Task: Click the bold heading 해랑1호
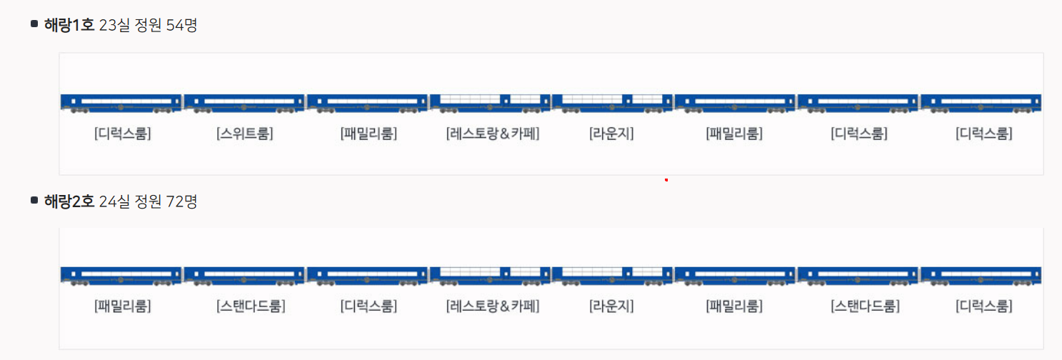click(69, 26)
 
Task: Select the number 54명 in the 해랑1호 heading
click(181, 26)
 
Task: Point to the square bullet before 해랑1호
click(34, 24)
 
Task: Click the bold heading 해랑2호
click(69, 201)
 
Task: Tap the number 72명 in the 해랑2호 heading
click(181, 201)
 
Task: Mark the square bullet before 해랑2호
click(34, 200)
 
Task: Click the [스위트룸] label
click(245, 134)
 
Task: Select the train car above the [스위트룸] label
click(245, 103)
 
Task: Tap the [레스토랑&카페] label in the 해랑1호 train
click(492, 134)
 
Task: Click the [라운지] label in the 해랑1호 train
click(611, 134)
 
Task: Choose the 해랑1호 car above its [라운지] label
click(612, 103)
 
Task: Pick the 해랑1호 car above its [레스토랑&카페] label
click(490, 103)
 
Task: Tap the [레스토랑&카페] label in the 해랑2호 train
click(492, 306)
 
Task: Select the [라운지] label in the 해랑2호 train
click(611, 306)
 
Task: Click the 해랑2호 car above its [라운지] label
click(612, 276)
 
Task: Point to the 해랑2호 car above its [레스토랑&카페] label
click(490, 276)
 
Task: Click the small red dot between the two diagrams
click(666, 180)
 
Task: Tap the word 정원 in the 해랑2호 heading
click(149, 201)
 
